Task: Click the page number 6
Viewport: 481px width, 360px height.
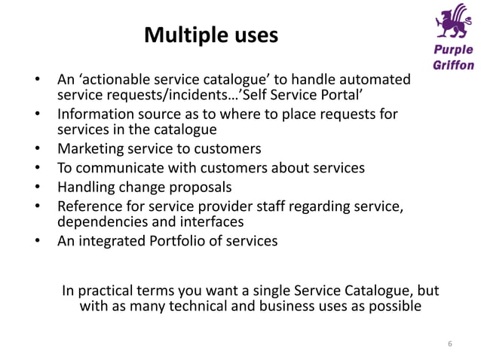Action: click(x=450, y=344)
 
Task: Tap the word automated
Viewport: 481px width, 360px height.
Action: click(x=374, y=79)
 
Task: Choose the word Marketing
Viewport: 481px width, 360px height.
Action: click(x=91, y=148)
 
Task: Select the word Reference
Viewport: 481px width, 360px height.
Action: click(x=89, y=205)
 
